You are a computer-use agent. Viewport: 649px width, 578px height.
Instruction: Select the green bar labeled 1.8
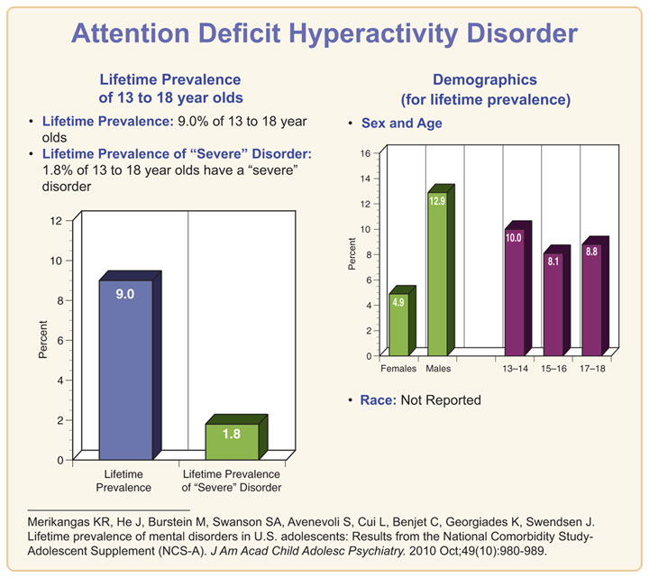coord(232,441)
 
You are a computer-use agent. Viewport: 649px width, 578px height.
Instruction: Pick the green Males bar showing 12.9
coord(437,276)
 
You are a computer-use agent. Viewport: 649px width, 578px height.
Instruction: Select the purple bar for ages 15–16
coord(553,306)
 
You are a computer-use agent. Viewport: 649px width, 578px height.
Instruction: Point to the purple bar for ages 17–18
coord(591,301)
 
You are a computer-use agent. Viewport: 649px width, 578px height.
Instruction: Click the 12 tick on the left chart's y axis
coord(56,221)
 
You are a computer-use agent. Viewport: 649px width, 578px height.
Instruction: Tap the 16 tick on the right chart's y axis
coord(365,153)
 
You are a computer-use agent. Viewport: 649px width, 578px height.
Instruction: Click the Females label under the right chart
coord(398,369)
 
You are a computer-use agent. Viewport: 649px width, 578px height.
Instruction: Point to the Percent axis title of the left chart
coord(42,340)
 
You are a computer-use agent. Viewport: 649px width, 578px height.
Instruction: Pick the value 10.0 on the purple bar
coord(513,238)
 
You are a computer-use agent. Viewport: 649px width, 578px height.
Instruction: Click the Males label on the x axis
coord(438,369)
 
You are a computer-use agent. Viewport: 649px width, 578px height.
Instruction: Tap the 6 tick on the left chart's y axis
coord(59,340)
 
